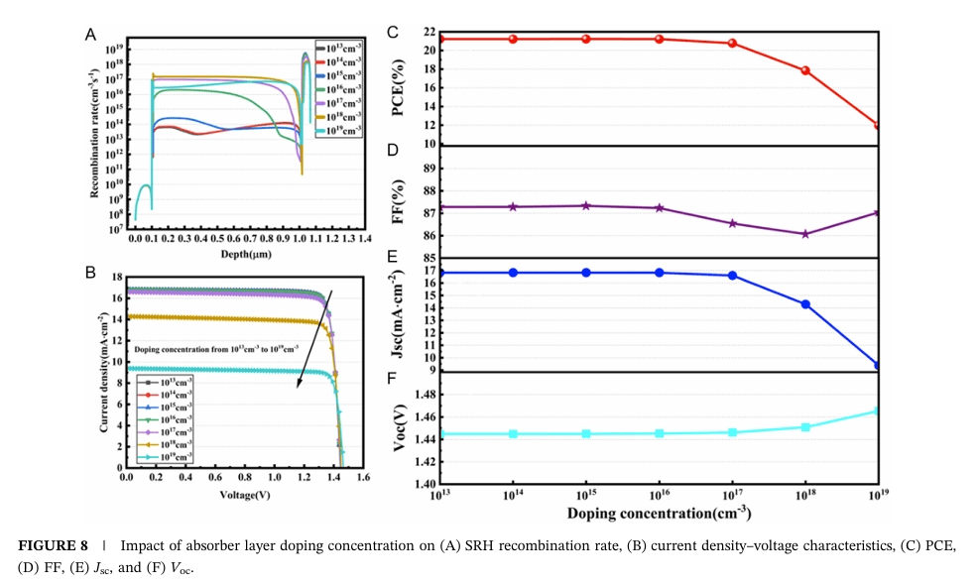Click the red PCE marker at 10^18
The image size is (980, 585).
[x=805, y=70]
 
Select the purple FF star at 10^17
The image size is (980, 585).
[x=732, y=223]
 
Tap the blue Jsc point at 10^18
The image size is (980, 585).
[x=805, y=304]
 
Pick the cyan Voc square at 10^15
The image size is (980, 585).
[x=586, y=433]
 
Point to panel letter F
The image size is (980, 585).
[x=393, y=379]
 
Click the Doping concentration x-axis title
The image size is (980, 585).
[x=659, y=513]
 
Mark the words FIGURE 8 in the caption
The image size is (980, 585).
[x=53, y=547]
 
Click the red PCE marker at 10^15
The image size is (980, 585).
[x=586, y=39]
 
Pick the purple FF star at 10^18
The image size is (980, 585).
[x=805, y=234]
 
